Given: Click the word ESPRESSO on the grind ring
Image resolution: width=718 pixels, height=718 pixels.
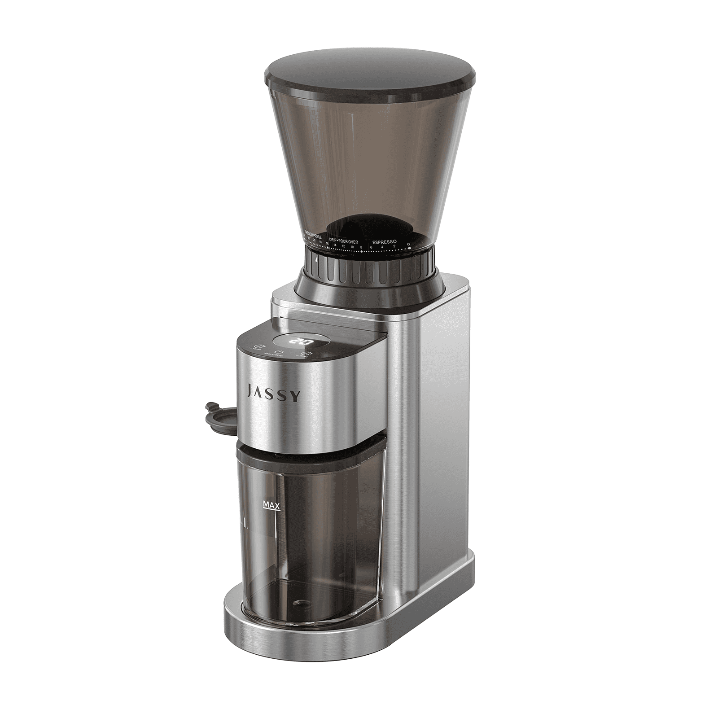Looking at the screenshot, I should pyautogui.click(x=384, y=241).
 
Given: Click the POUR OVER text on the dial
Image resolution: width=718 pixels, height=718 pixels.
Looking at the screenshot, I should pyautogui.click(x=350, y=241).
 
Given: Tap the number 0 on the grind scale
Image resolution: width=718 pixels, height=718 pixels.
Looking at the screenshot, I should pyautogui.click(x=408, y=244).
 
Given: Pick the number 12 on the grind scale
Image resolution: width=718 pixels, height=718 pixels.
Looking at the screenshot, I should pyautogui.click(x=343, y=246).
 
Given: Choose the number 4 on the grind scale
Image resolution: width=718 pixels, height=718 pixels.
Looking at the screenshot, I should pyautogui.click(x=382, y=247).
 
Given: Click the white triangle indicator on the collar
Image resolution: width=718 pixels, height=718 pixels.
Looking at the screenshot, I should pyautogui.click(x=316, y=259).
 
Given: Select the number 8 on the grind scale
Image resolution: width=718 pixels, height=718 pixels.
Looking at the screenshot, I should pyautogui.click(x=361, y=247).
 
